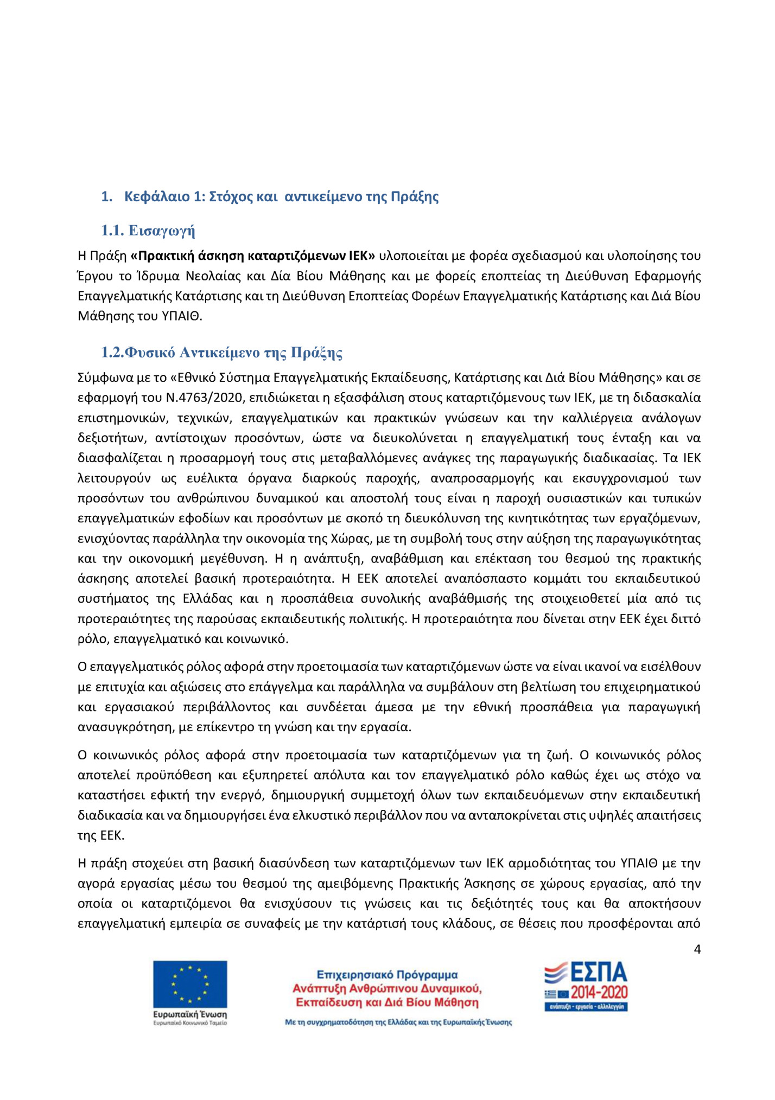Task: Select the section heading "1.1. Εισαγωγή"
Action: [148, 231]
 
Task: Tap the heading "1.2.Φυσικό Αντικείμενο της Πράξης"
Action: [222, 353]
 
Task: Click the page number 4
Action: [697, 950]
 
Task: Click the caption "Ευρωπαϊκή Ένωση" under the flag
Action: [190, 1014]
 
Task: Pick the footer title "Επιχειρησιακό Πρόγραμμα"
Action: [387, 975]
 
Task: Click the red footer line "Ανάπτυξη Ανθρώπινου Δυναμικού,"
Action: [387, 988]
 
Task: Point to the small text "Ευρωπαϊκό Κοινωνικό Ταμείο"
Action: [190, 1023]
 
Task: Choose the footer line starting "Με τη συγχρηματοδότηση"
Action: [398, 1022]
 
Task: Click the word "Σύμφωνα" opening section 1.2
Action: [101, 378]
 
